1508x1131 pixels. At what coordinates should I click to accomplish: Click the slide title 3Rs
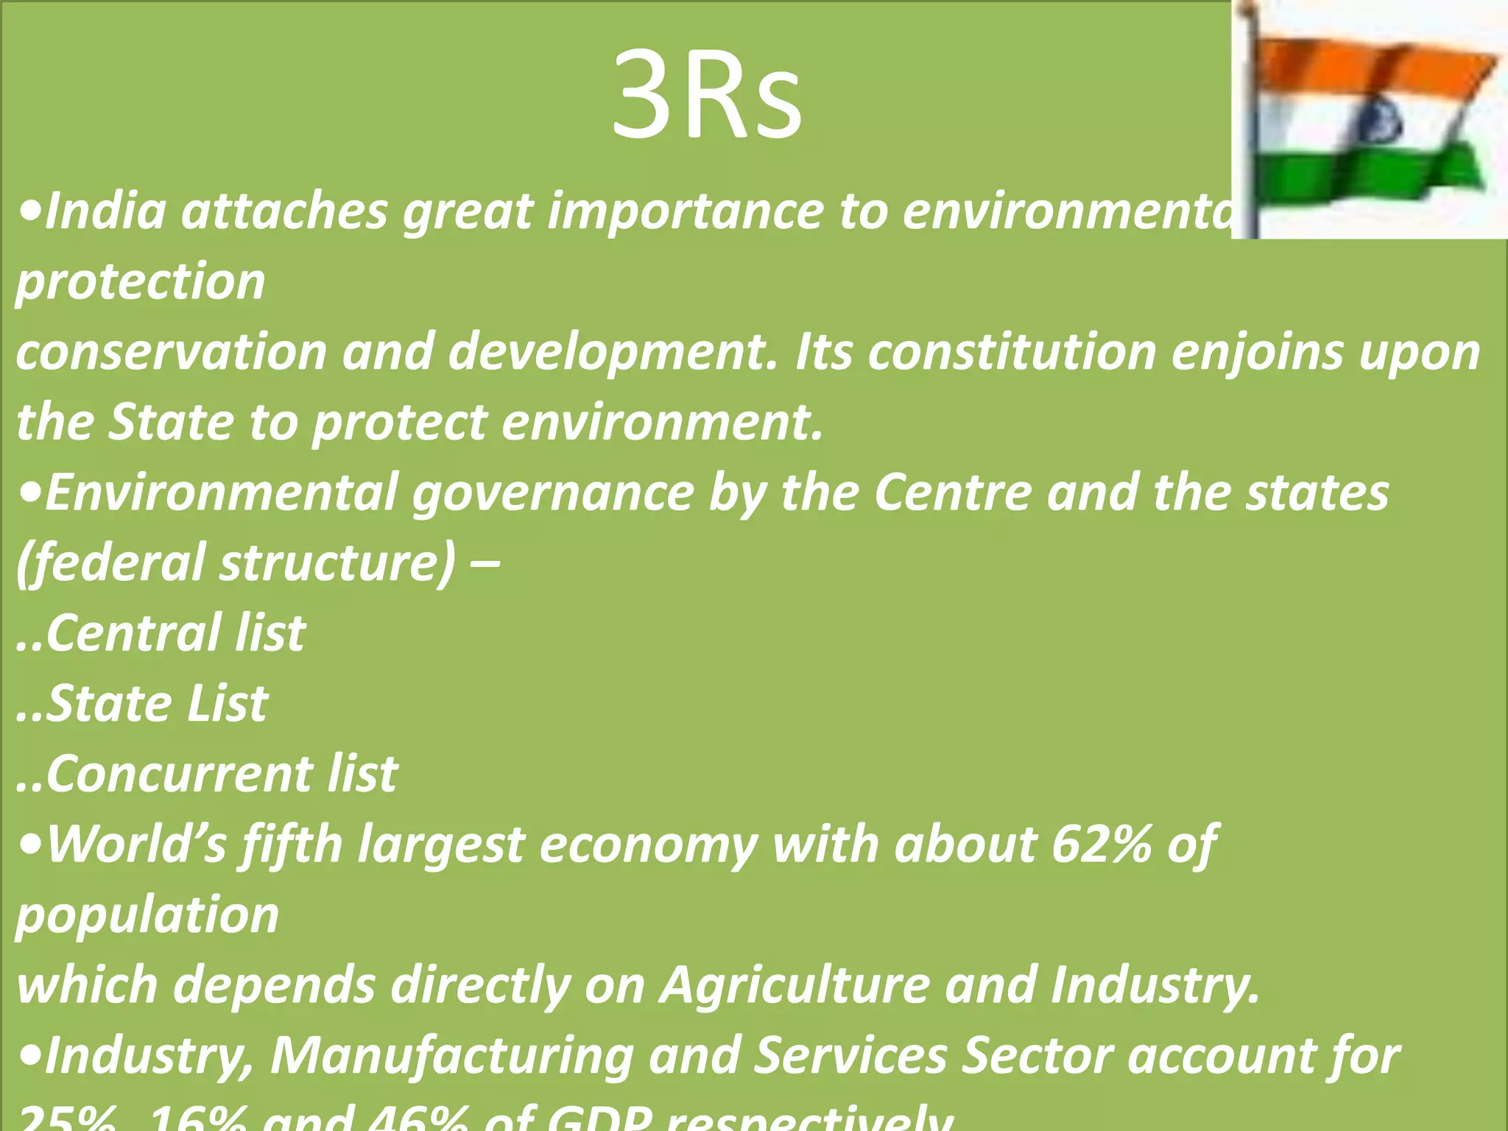(707, 94)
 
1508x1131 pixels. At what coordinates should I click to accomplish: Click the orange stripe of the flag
(1370, 70)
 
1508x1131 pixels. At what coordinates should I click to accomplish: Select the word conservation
(171, 352)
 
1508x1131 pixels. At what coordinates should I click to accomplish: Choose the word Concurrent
(180, 773)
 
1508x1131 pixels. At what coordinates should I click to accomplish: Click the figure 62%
(1102, 844)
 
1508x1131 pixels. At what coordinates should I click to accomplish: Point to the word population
(147, 915)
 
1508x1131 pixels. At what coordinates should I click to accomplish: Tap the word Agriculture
(795, 984)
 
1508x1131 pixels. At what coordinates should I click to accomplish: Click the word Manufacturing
(451, 1055)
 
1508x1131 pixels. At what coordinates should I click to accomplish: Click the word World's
(137, 844)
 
